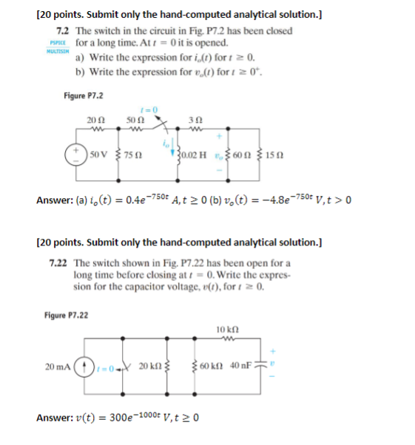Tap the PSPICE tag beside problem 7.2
[x=49, y=44]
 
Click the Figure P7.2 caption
[x=84, y=96]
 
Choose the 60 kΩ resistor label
[x=212, y=367]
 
